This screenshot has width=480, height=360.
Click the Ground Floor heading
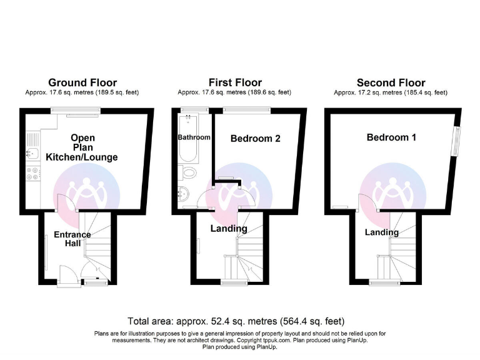point(82,82)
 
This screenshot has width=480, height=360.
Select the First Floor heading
point(235,82)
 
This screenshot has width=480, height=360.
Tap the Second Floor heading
point(391,82)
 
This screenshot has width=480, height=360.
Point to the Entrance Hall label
point(72,239)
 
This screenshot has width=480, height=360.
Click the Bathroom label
point(194,137)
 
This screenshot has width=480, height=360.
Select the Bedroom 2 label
point(255,139)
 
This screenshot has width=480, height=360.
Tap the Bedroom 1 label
point(391,137)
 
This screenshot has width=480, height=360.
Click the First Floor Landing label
point(229,229)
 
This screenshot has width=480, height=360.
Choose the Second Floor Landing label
point(382,232)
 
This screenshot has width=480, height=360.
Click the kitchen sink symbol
point(32,152)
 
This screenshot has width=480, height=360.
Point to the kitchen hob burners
point(32,172)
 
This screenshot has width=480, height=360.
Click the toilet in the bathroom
point(189,173)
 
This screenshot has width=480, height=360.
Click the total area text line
point(236,321)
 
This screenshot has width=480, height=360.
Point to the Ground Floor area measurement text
point(82,92)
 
